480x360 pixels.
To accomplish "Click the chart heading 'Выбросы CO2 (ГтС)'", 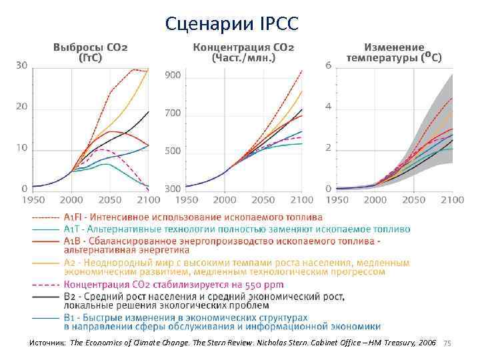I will click(x=91, y=53).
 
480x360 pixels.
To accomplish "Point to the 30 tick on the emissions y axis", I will click(x=21, y=65).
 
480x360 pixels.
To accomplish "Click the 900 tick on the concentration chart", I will click(x=173, y=75).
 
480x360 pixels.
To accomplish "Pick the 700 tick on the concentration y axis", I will click(x=173, y=113).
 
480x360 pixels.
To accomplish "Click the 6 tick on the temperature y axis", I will click(x=328, y=65).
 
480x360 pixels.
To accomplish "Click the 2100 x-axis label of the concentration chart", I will click(x=301, y=200).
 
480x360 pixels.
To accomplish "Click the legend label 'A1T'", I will click(x=71, y=229).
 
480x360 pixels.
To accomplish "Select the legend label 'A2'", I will click(x=70, y=263).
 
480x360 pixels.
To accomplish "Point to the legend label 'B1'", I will click(x=70, y=318).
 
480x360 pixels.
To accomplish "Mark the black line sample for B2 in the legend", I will click(x=43, y=296).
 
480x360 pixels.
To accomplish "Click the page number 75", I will click(x=447, y=343).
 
